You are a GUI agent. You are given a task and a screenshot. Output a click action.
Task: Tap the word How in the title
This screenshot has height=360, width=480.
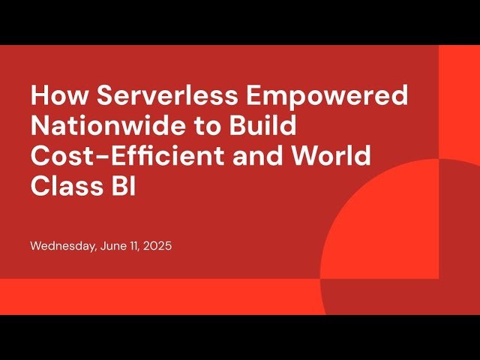57,96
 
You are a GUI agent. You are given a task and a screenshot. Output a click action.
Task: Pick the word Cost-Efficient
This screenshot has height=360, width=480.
122,157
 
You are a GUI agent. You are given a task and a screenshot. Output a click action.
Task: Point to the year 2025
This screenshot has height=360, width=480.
157,246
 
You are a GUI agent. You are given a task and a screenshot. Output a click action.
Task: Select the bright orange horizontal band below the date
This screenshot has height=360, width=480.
150,296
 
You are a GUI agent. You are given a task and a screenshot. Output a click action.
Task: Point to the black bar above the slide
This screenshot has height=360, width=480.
240,22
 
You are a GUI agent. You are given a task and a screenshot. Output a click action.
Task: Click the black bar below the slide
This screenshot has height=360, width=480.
240,337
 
